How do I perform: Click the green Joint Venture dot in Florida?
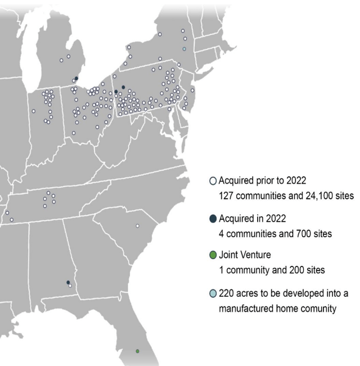(x=137, y=351)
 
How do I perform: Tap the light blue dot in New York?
(x=184, y=49)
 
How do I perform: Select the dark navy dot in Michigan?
(x=76, y=79)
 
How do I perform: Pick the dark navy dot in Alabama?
(x=68, y=282)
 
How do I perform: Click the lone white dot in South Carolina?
(x=137, y=226)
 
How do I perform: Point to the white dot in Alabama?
(x=70, y=286)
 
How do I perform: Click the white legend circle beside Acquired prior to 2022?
(x=213, y=181)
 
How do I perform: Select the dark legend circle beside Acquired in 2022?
(x=213, y=219)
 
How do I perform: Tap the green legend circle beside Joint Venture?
(x=213, y=256)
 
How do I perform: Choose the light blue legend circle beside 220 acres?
(x=213, y=293)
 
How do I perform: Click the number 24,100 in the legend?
(x=312, y=196)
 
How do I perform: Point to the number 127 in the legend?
(x=226, y=196)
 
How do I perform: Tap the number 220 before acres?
(x=226, y=293)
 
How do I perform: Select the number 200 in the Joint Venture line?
(x=291, y=270)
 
